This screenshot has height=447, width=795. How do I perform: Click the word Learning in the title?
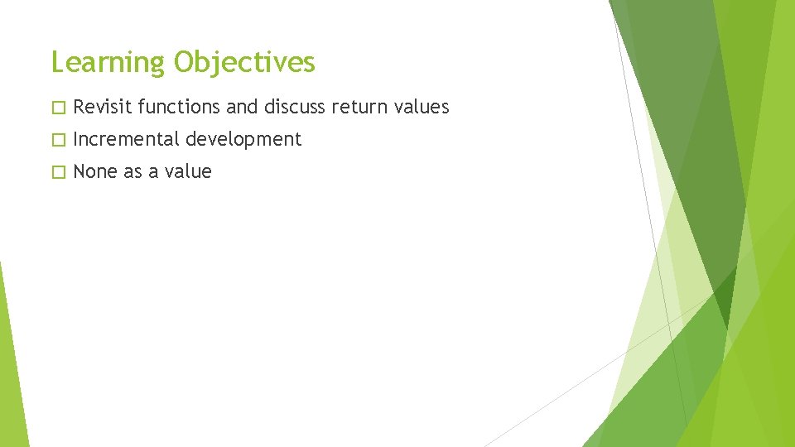[108, 63]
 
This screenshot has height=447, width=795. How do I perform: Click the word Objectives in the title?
[245, 63]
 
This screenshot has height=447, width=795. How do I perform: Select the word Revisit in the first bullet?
[103, 107]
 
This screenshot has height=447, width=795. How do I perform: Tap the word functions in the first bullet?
[179, 107]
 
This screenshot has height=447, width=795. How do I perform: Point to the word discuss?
[294, 107]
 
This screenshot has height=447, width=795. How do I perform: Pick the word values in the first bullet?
[421, 107]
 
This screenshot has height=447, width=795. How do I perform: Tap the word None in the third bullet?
[95, 171]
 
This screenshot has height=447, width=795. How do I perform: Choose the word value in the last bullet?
[189, 171]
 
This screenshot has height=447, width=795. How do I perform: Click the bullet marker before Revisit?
[56, 108]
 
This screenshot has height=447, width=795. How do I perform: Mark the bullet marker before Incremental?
[56, 140]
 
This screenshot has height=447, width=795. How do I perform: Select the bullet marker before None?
[56, 172]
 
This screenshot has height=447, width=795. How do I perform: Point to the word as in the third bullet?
[132, 171]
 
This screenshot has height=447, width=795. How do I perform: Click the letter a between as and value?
[153, 173]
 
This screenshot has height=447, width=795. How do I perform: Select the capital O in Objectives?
[184, 62]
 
